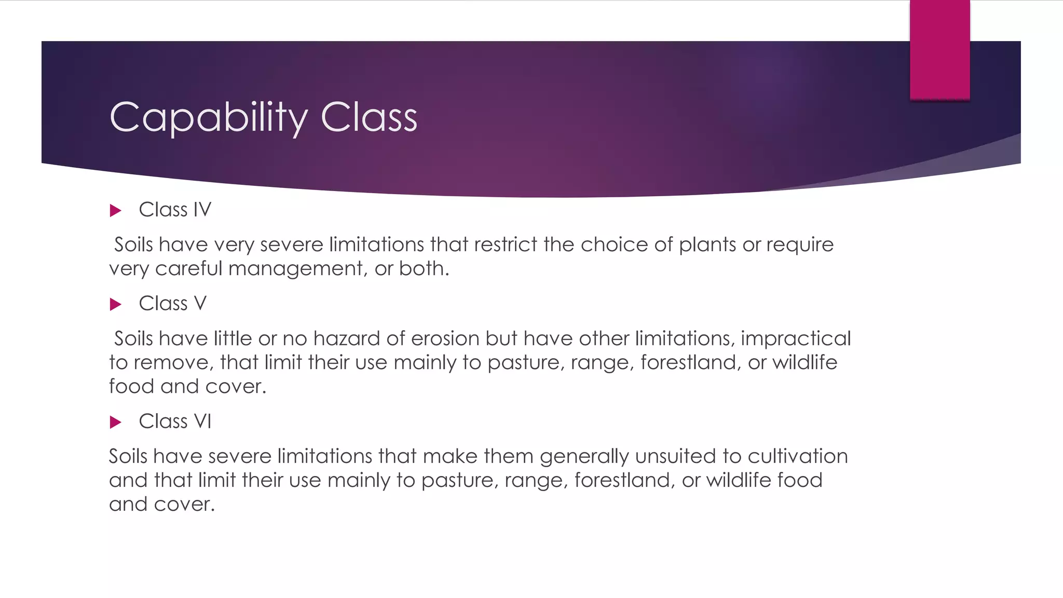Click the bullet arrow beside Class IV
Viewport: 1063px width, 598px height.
[x=116, y=211]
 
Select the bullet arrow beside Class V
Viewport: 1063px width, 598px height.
[x=116, y=304]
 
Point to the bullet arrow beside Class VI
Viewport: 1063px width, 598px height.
[x=116, y=422]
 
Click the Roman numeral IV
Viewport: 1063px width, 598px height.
[x=202, y=210]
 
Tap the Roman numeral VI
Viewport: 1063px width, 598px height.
[x=202, y=421]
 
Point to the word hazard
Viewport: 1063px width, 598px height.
[x=347, y=338]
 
